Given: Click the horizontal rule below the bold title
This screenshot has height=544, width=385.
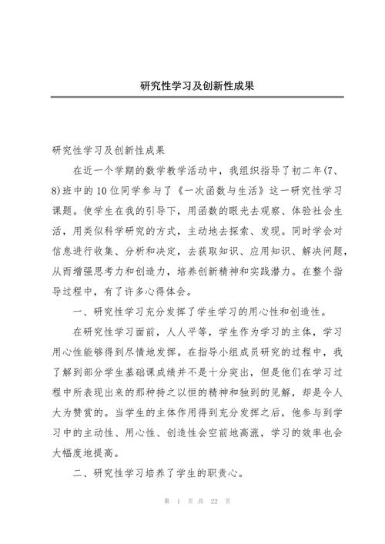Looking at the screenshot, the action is coord(192,97).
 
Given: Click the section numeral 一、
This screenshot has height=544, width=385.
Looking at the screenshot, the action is coord(81,312).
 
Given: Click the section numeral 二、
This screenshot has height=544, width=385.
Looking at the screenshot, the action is coord(81,475).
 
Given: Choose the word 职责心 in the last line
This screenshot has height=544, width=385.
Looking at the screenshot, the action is coord(224,475).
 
